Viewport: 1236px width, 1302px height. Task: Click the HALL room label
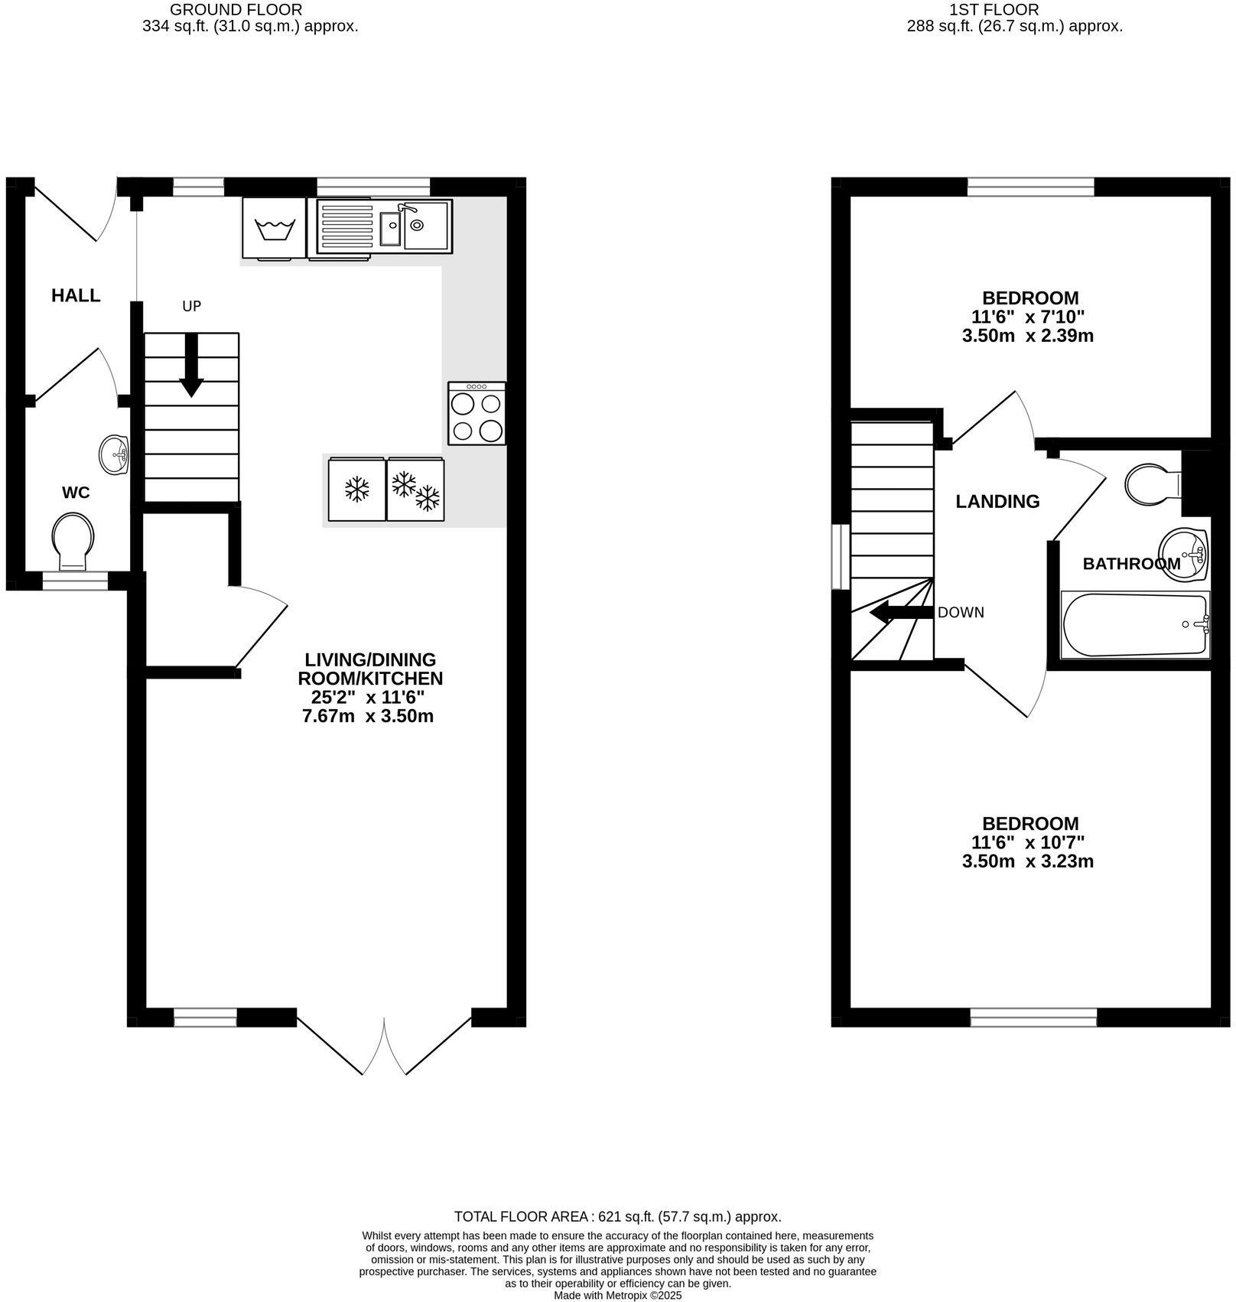(76, 295)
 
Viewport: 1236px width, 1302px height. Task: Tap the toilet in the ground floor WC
(73, 541)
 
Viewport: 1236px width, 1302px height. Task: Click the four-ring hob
(477, 413)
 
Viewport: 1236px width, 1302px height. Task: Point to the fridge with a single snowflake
(356, 490)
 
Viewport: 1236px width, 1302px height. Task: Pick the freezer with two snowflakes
(416, 490)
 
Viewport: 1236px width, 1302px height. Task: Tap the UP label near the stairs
(191, 306)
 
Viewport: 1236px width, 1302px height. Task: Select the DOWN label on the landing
(961, 612)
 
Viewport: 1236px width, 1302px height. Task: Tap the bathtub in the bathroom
(1134, 624)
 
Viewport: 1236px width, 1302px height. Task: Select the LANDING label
(997, 501)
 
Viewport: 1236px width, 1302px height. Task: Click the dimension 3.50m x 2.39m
(1027, 336)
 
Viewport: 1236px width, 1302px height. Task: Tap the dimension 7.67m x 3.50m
(368, 717)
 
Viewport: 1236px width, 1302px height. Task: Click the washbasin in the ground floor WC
(115, 455)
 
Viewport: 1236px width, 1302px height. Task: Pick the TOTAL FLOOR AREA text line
(617, 1216)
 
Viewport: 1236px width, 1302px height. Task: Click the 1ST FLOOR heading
(994, 10)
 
